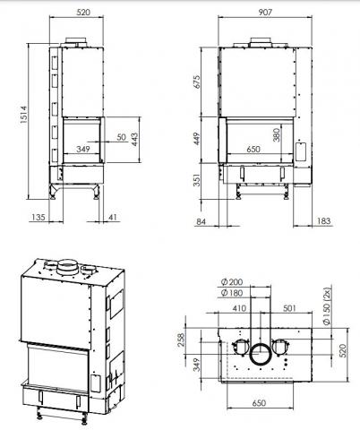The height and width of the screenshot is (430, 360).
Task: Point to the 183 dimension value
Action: (324, 221)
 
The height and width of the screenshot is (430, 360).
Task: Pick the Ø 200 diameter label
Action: (228, 283)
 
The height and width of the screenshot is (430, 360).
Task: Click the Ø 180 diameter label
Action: (228, 294)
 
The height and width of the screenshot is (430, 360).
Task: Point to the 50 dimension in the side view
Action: (121, 137)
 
